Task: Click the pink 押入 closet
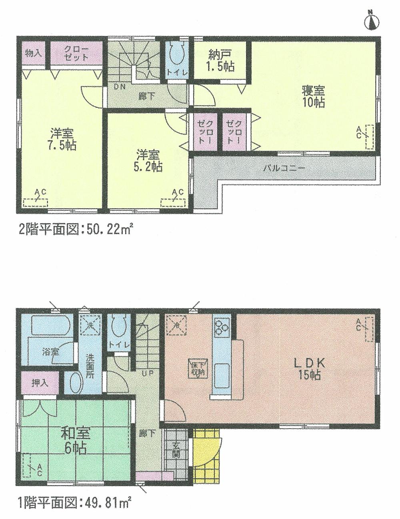[x=41, y=383]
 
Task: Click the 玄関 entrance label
[x=176, y=451]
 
